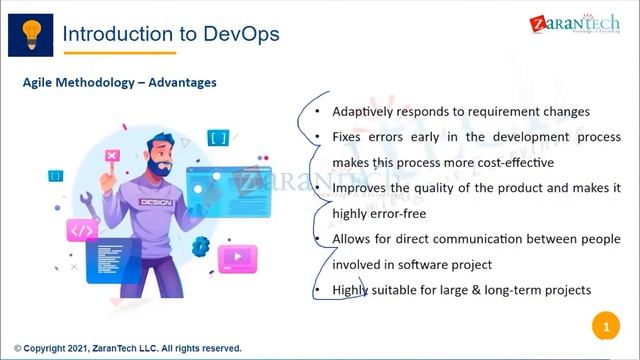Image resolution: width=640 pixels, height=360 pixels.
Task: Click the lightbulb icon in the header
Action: (30, 32)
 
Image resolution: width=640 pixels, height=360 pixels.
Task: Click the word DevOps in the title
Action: (241, 34)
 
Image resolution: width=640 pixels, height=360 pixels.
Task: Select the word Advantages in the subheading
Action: (182, 82)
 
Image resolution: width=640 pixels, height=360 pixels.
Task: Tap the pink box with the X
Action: (112, 156)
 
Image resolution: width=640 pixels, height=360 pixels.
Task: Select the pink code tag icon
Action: (81, 230)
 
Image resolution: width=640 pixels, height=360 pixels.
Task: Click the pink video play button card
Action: (237, 258)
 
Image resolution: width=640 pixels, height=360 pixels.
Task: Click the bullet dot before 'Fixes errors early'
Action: (318, 137)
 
